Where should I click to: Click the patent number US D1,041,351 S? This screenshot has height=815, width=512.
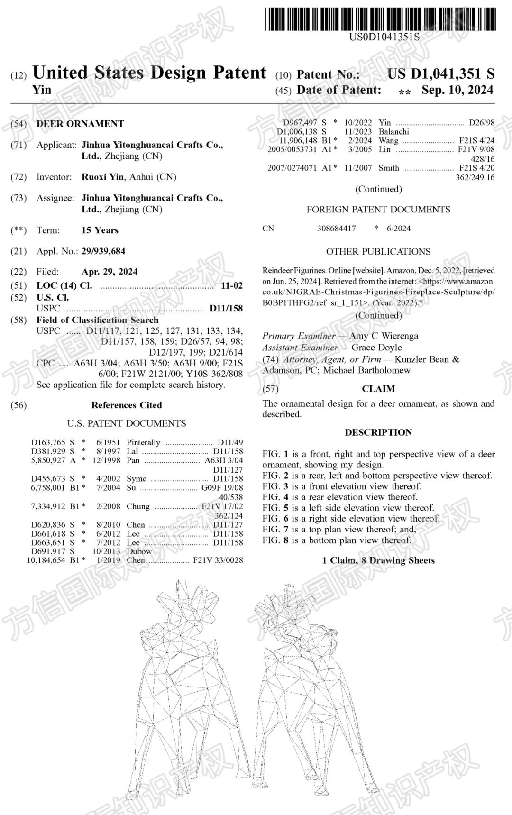click(x=441, y=74)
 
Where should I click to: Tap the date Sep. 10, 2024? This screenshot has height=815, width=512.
click(x=457, y=90)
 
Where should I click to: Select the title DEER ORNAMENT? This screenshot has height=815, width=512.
click(x=80, y=124)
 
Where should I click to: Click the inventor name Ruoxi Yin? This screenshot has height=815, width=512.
click(x=102, y=177)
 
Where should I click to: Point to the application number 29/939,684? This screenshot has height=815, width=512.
click(x=103, y=251)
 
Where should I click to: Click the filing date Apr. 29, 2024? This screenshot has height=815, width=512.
click(x=110, y=272)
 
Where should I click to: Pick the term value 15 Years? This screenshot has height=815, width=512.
click(x=100, y=230)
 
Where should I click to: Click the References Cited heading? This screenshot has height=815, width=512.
click(x=127, y=405)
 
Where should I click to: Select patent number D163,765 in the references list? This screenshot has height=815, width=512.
click(x=48, y=442)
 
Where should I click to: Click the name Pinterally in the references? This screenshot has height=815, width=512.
click(x=143, y=442)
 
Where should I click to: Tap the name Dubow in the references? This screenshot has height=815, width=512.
click(x=139, y=551)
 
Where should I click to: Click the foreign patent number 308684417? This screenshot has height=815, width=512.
click(x=336, y=229)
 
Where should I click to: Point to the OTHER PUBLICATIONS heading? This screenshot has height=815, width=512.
click(x=378, y=252)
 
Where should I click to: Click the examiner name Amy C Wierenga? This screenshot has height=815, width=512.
click(x=384, y=336)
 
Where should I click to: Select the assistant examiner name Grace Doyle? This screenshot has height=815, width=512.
click(x=376, y=348)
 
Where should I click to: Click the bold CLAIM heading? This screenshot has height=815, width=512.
click(x=378, y=389)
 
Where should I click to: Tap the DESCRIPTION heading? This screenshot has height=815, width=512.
click(x=378, y=432)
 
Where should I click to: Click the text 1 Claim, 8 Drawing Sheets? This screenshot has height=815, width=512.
click(x=378, y=560)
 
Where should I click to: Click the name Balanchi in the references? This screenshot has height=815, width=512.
click(x=393, y=131)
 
